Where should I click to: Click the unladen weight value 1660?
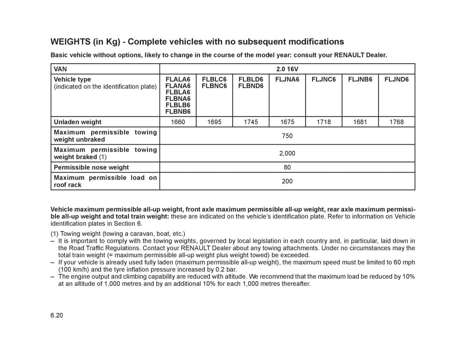tap(178, 122)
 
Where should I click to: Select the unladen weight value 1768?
tap(396, 122)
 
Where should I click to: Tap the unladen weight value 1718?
tap(323, 122)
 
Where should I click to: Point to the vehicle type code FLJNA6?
tap(287, 80)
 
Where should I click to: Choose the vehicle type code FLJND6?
tap(396, 80)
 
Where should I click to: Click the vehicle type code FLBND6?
tap(250, 86)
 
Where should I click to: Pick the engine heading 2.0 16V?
tap(287, 69)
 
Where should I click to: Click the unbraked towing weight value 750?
tap(287, 136)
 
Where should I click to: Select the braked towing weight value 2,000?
tap(287, 153)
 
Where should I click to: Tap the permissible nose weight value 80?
tap(287, 167)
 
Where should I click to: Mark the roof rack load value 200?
tap(287, 181)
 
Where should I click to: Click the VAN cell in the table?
tap(61, 69)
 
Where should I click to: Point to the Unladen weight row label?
tap(78, 122)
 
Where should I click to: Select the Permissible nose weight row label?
tap(91, 167)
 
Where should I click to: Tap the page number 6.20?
tap(57, 315)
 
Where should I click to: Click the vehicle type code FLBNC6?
tap(214, 86)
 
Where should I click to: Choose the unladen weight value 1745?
tap(250, 122)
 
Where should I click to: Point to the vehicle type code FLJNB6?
tap(360, 80)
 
